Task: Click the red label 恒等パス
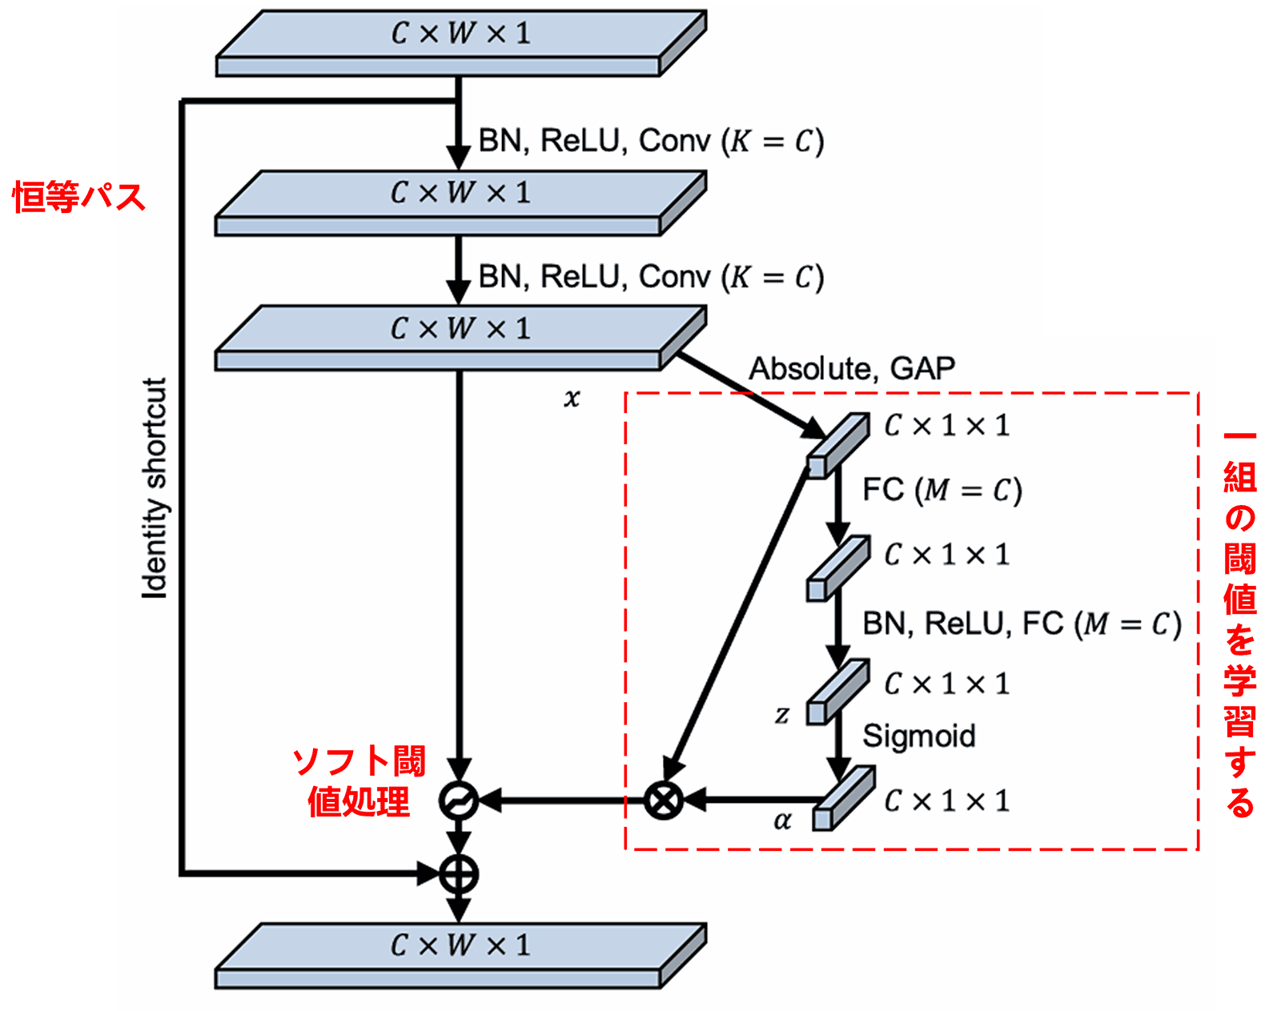tap(78, 197)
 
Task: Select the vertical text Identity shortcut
tap(155, 488)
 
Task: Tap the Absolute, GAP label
tap(851, 368)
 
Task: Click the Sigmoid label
tap(918, 736)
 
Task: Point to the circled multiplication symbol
tap(664, 800)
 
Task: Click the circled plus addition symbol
tap(459, 873)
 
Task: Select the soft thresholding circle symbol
tap(459, 800)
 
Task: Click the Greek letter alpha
tap(782, 820)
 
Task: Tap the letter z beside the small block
tap(782, 714)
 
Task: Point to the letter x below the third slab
tap(571, 398)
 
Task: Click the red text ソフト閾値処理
tap(359, 781)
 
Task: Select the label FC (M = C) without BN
tap(942, 490)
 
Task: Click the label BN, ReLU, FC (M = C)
tap(1021, 624)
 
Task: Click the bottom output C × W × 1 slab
tap(460, 954)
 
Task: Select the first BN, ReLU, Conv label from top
tap(650, 141)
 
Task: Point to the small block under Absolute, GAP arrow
tap(837, 445)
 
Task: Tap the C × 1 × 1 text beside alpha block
tap(946, 800)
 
